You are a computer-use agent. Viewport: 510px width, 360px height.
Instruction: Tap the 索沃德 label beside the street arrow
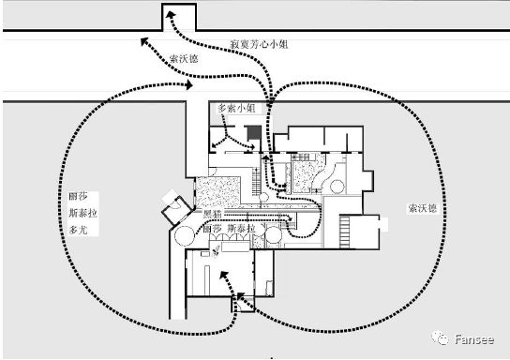[x=184, y=58]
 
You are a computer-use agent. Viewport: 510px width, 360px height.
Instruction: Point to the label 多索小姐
[x=236, y=108]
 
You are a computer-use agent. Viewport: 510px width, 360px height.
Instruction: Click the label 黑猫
[x=212, y=215]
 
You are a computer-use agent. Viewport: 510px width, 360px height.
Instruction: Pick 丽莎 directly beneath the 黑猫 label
[x=212, y=229]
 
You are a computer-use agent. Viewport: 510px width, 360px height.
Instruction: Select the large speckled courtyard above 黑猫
[x=219, y=191]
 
